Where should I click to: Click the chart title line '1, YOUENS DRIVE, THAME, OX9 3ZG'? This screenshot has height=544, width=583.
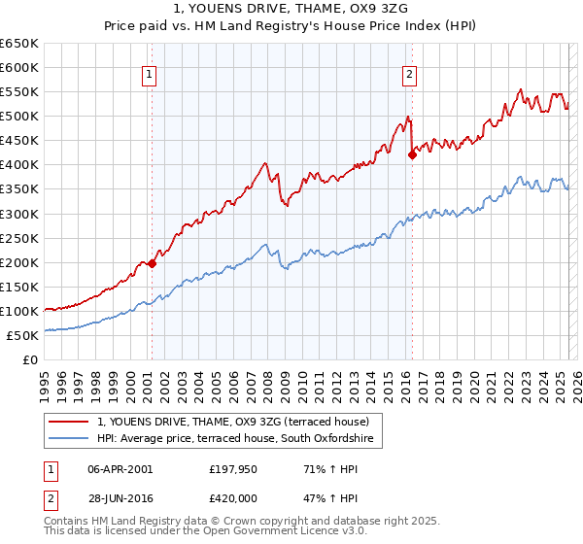click(291, 10)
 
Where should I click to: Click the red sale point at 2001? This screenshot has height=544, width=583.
click(152, 262)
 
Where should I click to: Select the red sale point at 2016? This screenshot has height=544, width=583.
click(412, 153)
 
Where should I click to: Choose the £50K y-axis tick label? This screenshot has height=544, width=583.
click(23, 335)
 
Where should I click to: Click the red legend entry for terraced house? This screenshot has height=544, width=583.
click(233, 422)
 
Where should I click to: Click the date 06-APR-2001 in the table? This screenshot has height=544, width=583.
click(120, 469)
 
